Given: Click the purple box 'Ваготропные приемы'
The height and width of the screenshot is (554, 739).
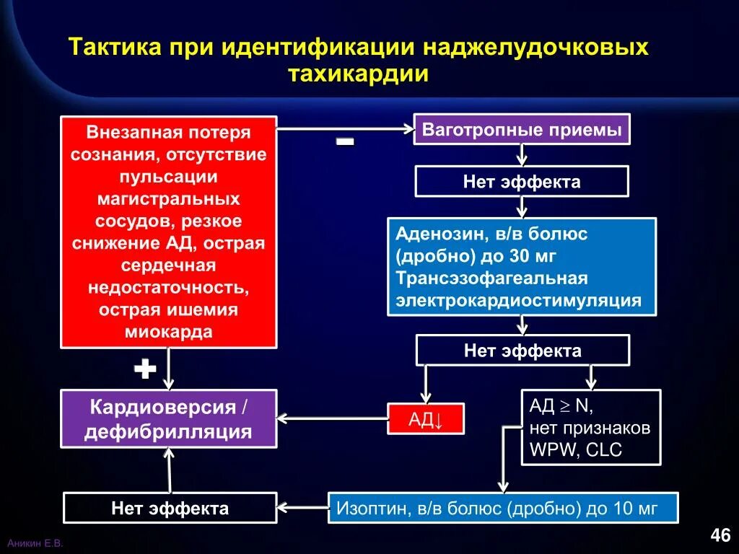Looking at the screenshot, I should pyautogui.click(x=521, y=130).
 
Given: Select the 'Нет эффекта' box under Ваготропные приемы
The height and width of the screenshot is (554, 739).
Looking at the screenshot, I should pyautogui.click(x=521, y=182).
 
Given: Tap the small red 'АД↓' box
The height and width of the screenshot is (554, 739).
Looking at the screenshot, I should pyautogui.click(x=425, y=419).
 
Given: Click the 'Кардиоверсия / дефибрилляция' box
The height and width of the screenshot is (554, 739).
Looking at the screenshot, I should pyautogui.click(x=168, y=419).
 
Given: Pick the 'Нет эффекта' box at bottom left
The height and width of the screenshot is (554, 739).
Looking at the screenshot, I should pyautogui.click(x=170, y=508).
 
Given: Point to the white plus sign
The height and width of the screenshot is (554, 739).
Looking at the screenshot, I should pyautogui.click(x=145, y=370).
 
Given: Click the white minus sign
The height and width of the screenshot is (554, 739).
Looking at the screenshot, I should pyautogui.click(x=345, y=142).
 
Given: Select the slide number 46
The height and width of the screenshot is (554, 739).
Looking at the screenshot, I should pyautogui.click(x=720, y=535).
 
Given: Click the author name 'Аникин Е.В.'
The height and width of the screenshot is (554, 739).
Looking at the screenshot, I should pyautogui.click(x=35, y=543).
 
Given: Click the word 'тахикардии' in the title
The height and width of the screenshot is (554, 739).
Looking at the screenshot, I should pyautogui.click(x=359, y=74).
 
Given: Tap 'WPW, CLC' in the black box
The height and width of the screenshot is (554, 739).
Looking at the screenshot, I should pyautogui.click(x=575, y=451).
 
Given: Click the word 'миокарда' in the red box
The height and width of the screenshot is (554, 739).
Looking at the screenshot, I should pyautogui.click(x=168, y=332).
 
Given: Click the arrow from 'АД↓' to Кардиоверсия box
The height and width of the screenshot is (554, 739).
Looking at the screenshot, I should pyautogui.click(x=332, y=418).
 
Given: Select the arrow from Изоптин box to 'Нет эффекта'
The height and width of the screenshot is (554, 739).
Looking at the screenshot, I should pyautogui.click(x=303, y=507).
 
